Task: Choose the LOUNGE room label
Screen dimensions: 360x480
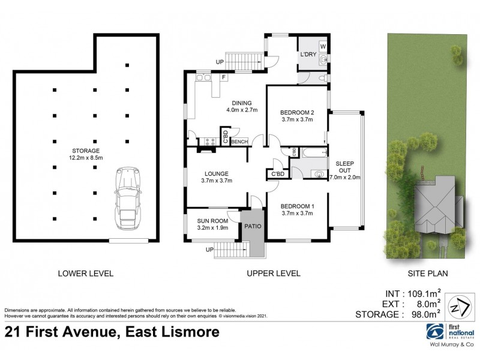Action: coord(217,176)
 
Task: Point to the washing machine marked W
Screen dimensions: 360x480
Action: coord(322,46)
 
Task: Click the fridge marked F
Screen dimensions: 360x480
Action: coord(224,77)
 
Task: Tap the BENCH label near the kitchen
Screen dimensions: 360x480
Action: coord(239,142)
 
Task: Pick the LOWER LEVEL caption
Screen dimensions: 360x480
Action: coord(85,274)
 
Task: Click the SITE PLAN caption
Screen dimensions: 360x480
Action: coord(428,274)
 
